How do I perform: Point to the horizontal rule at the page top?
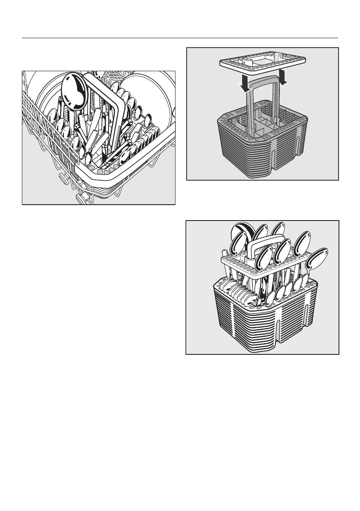point(180,38)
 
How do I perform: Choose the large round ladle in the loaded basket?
point(240,234)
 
